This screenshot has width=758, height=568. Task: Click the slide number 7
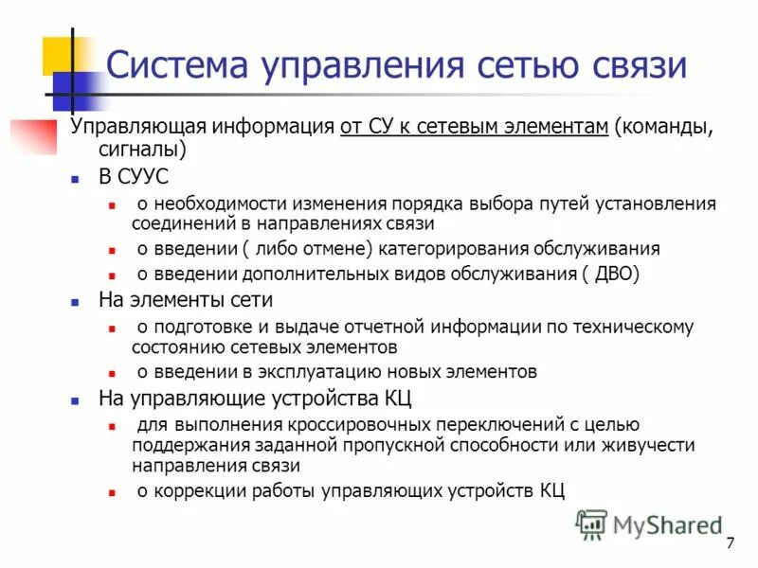(x=730, y=542)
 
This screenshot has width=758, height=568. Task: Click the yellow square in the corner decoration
(x=63, y=55)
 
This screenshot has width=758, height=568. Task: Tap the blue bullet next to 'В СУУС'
(x=76, y=176)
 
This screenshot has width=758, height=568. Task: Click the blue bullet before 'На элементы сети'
(x=76, y=301)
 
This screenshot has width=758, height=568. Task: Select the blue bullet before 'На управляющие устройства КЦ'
(x=76, y=399)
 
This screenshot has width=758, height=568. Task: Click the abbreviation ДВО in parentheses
(x=617, y=275)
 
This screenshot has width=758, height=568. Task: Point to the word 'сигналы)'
(x=142, y=150)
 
